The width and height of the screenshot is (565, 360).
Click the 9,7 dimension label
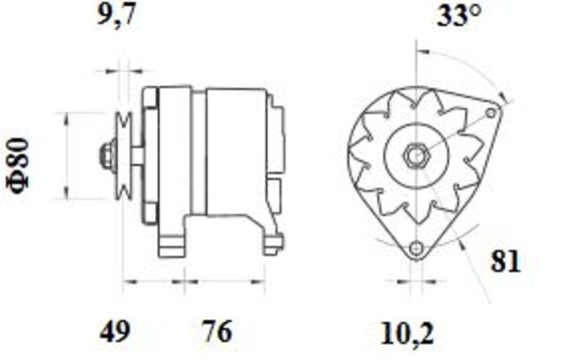pos(120,16)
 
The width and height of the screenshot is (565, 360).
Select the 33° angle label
pos(460,16)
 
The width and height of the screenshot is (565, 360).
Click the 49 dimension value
pos(117,332)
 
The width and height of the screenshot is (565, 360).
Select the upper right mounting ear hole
pos(489,112)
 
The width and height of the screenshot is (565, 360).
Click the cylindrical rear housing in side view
pos(234,151)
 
